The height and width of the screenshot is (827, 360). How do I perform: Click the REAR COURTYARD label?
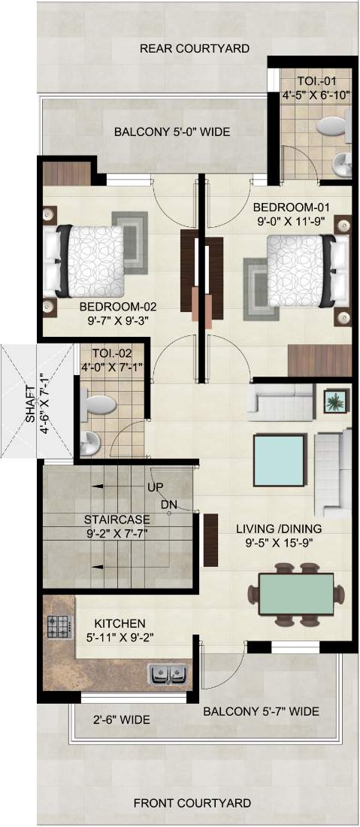point(195,49)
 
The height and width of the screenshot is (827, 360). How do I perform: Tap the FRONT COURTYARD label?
point(192,803)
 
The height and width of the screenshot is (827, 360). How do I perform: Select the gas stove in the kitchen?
point(60,627)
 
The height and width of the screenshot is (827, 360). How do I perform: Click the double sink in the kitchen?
point(168,674)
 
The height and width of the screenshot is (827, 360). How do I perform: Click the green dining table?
point(296,593)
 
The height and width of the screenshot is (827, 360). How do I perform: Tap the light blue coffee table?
point(280,460)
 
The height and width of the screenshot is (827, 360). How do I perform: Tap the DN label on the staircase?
point(168,504)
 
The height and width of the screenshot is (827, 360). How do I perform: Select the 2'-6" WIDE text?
point(122,719)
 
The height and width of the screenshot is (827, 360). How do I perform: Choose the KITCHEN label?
point(116,624)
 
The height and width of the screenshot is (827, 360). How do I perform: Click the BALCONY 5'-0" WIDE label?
point(172,132)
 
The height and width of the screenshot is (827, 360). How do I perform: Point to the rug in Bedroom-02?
point(130,242)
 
